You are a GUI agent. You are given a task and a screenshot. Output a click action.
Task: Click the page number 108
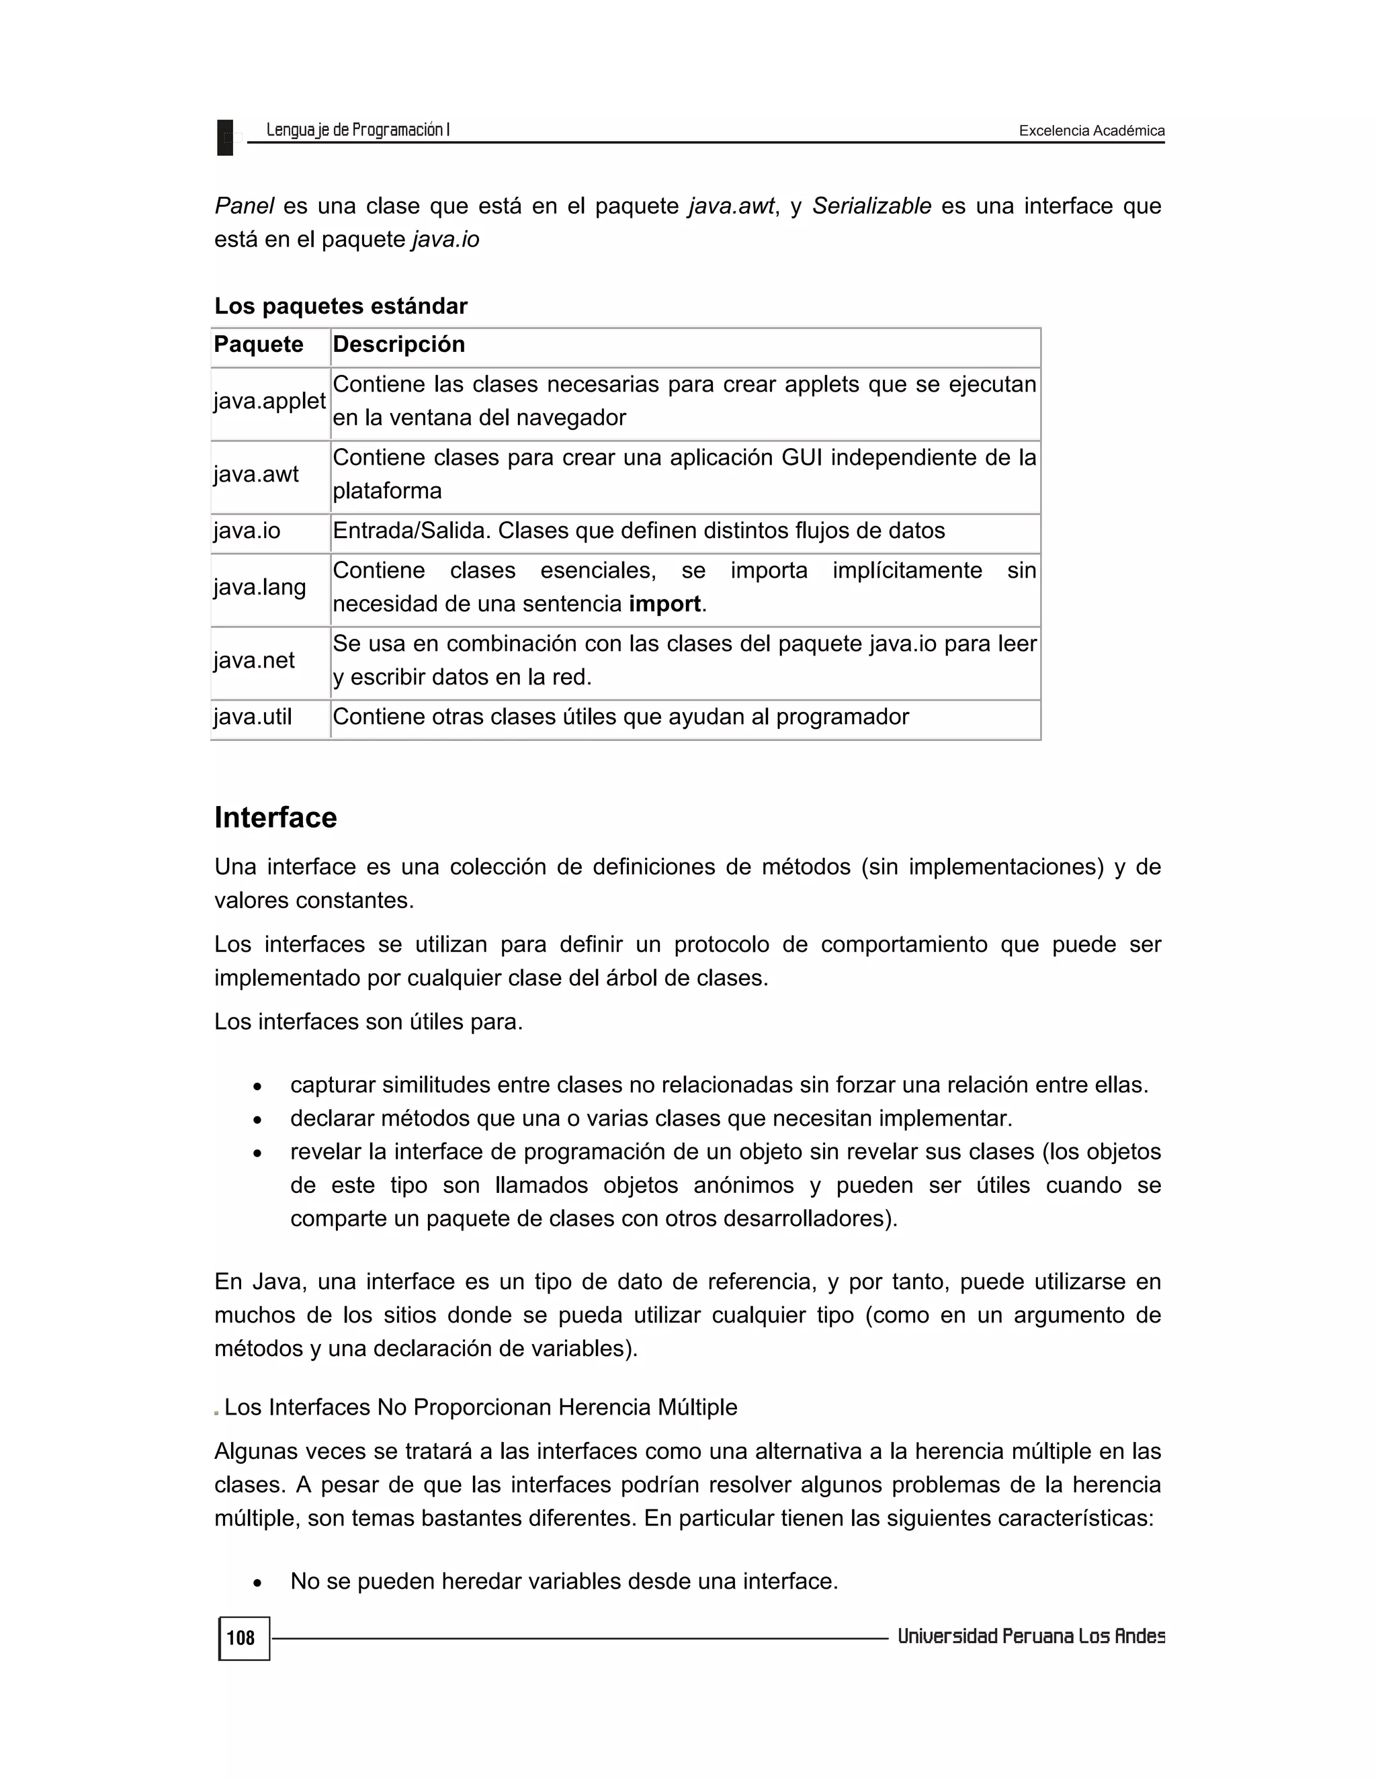tap(241, 1638)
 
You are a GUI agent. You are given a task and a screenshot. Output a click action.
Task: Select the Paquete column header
tap(259, 345)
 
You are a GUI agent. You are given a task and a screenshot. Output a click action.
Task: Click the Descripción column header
tap(398, 345)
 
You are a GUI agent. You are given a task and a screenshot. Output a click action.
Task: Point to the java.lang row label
tap(259, 587)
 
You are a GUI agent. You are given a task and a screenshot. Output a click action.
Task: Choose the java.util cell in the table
tap(253, 717)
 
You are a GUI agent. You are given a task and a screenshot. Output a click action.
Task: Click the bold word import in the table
tap(664, 604)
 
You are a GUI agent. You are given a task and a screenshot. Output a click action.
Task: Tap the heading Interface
tap(275, 817)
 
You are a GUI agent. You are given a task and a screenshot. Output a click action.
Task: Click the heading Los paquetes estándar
tap(341, 306)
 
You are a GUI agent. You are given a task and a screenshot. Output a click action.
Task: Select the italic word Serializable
tap(871, 206)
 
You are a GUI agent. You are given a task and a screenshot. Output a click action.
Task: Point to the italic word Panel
tap(244, 206)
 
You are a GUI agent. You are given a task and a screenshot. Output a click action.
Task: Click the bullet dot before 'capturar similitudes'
tap(257, 1086)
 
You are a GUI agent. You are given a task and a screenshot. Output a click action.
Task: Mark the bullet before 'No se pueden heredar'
tap(257, 1583)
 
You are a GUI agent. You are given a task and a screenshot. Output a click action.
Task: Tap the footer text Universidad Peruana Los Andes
tap(1031, 1636)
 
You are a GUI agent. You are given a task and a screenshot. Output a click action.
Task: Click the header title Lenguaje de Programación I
tap(358, 130)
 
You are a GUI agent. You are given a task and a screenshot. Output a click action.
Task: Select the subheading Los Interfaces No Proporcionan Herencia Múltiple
tap(480, 1407)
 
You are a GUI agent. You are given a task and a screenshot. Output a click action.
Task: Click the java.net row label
tap(255, 660)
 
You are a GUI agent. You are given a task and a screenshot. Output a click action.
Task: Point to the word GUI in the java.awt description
tap(802, 458)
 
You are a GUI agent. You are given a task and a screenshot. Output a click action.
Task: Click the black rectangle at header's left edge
tap(225, 137)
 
